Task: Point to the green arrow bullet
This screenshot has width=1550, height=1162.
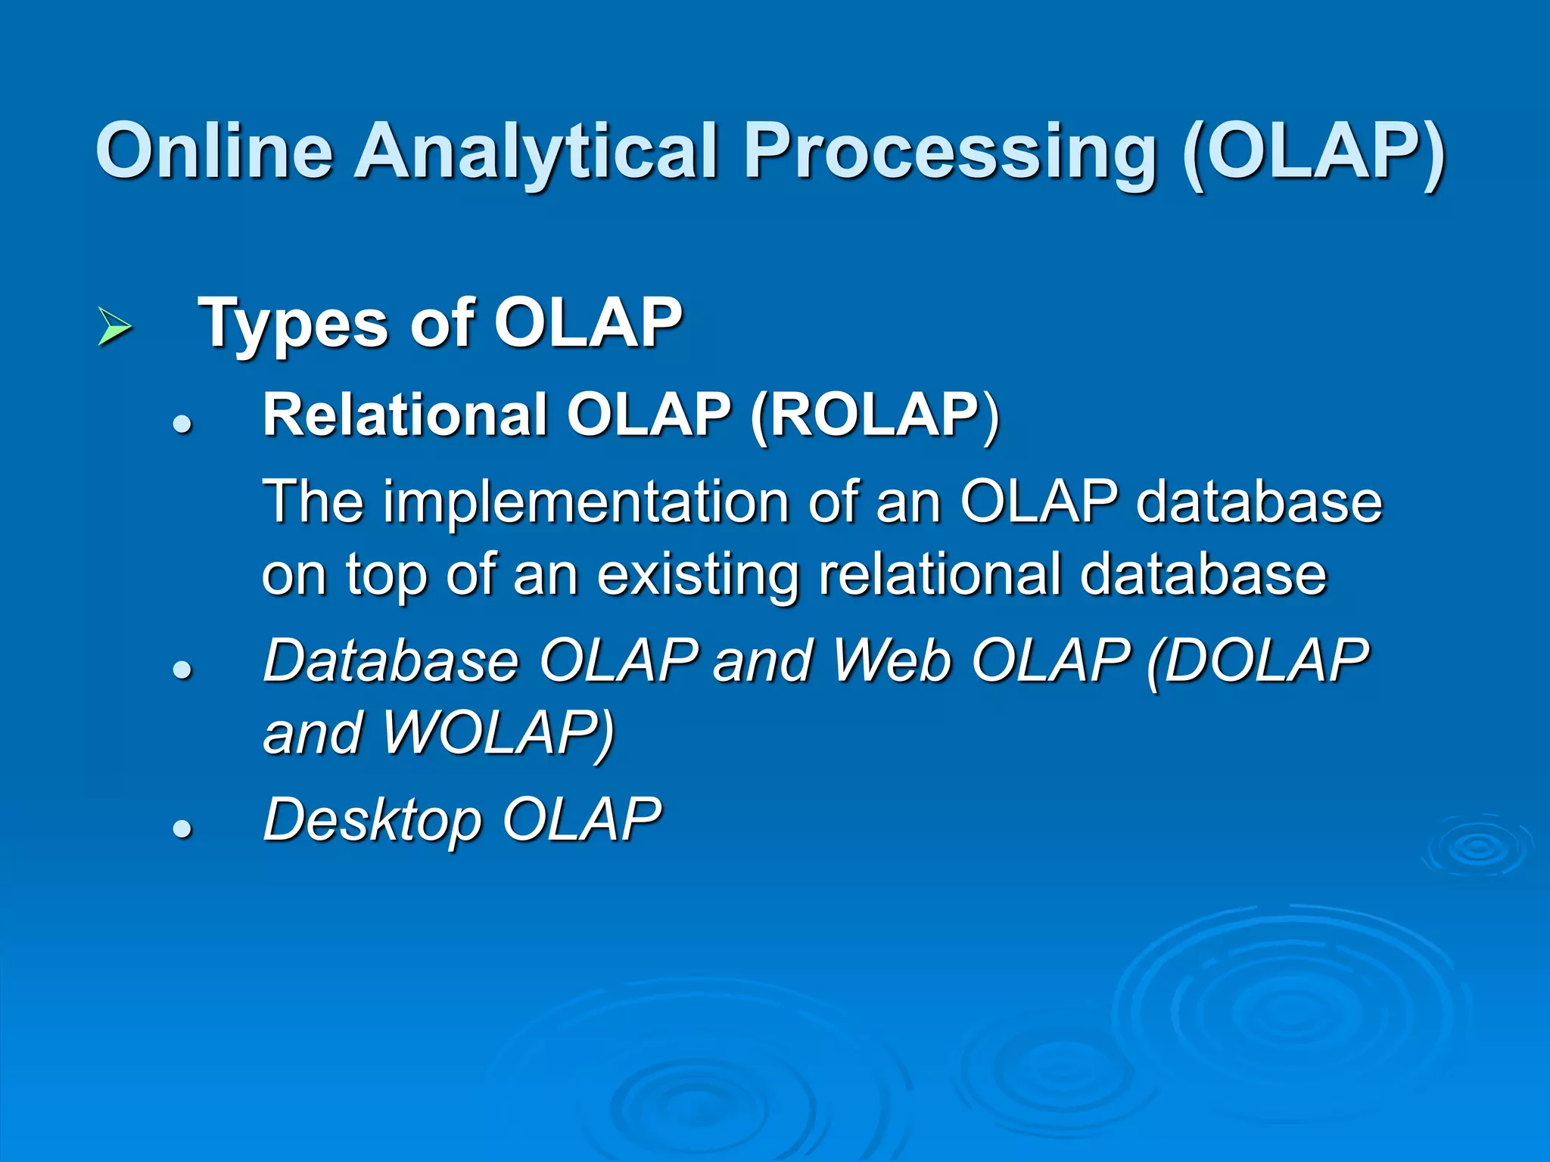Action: click(x=114, y=327)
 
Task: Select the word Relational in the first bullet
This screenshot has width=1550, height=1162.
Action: click(x=405, y=415)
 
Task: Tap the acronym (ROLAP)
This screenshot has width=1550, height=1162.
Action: click(x=875, y=415)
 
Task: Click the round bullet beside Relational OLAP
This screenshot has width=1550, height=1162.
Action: click(x=182, y=424)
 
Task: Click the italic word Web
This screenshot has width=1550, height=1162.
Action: click(x=892, y=660)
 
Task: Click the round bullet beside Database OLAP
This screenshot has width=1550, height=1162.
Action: click(x=182, y=670)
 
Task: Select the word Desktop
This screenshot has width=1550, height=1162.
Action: click(x=372, y=820)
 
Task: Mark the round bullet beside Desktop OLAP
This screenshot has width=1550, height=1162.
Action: click(x=182, y=829)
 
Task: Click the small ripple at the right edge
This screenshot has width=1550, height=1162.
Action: click(x=1477, y=847)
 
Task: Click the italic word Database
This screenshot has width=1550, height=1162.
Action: click(x=391, y=660)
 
